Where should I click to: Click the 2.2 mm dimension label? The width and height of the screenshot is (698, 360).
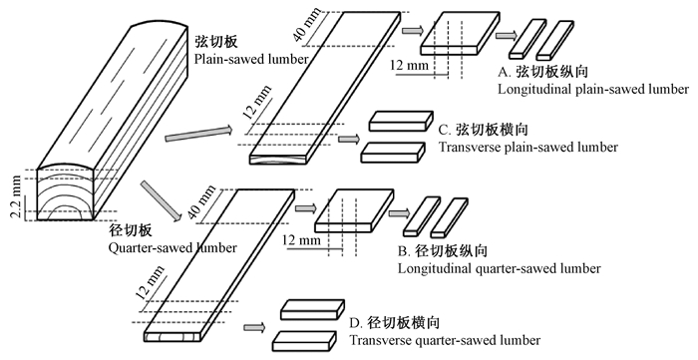16,196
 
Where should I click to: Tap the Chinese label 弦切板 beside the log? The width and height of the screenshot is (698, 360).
216,41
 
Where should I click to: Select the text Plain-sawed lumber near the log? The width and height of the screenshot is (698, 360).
251,59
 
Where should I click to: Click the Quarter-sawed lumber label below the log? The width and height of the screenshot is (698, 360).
173,247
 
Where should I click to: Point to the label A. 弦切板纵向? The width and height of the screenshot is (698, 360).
543,71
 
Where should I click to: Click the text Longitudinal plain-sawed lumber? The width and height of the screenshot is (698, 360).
593,89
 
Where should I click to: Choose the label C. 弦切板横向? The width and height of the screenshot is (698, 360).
483,130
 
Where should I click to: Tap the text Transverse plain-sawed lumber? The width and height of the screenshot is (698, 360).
527,148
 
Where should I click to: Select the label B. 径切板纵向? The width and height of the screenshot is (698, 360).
443,251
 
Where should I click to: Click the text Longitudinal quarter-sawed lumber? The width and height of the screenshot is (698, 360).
499,269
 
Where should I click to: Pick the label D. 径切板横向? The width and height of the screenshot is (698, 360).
395,323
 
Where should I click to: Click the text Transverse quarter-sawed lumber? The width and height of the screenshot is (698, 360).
445,340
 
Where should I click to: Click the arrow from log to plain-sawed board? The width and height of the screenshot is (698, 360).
199,134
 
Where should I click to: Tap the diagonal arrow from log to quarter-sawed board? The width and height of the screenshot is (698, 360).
162,200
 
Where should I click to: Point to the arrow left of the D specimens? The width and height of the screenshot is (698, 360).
254,328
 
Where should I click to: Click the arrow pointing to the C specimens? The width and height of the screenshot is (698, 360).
349,140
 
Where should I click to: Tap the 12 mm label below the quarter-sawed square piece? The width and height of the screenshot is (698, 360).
301,240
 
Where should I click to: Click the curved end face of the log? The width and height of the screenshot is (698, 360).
65,193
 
